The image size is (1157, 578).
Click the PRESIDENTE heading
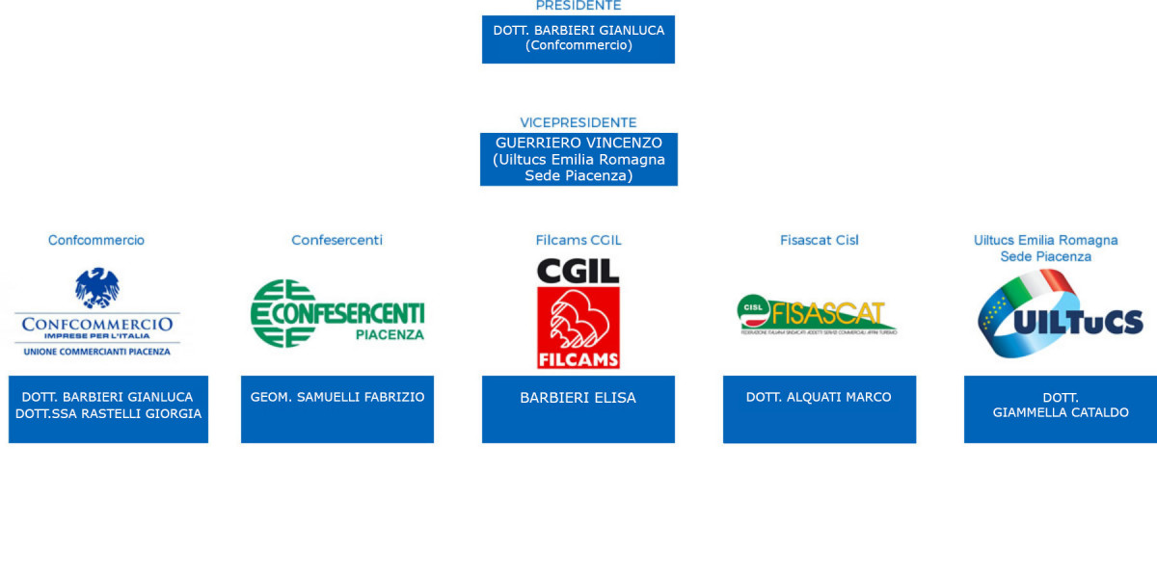click(578, 6)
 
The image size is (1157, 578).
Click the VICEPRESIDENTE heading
click(578, 122)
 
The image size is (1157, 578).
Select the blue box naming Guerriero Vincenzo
click(578, 159)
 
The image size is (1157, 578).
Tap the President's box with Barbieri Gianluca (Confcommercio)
click(578, 39)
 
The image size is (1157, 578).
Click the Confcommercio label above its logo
click(96, 240)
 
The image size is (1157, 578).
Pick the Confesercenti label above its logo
click(336, 240)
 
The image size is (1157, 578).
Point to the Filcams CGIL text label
click(578, 240)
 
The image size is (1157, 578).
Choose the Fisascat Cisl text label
click(819, 240)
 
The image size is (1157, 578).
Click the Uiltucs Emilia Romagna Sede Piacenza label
click(1045, 248)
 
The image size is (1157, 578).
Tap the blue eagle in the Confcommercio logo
click(97, 287)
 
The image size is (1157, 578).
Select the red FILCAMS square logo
click(578, 328)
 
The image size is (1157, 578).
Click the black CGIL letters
click(578, 271)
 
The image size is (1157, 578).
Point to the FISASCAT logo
click(819, 314)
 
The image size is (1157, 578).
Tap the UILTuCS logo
click(1060, 314)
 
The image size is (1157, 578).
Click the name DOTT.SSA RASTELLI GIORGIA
click(108, 414)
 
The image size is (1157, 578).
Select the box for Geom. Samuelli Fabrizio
click(336, 408)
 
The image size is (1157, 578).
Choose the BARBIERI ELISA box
click(578, 408)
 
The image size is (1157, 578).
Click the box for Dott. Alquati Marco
click(819, 408)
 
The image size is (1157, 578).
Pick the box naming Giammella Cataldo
click(1060, 408)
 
